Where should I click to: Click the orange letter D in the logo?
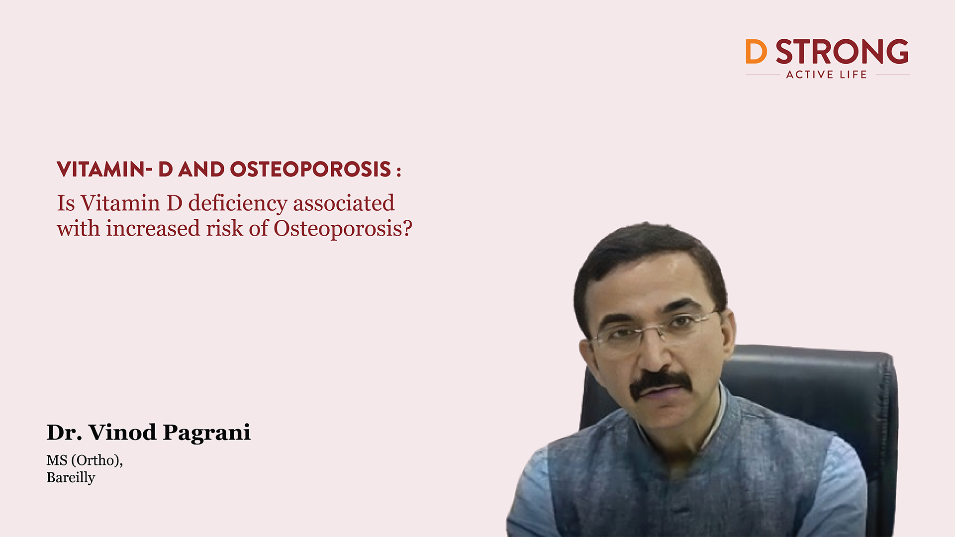[756, 52]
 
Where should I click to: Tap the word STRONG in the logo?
[842, 52]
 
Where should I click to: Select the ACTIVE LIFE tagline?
[826, 75]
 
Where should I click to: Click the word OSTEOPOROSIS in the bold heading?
[310, 170]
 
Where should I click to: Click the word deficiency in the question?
[238, 204]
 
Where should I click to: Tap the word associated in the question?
[344, 204]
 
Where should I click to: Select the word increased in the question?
[153, 229]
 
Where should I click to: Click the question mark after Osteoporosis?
[407, 229]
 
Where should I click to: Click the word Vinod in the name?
[122, 433]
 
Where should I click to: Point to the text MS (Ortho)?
[85, 460]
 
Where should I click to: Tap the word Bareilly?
[71, 478]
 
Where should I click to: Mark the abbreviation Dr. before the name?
[64, 433]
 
